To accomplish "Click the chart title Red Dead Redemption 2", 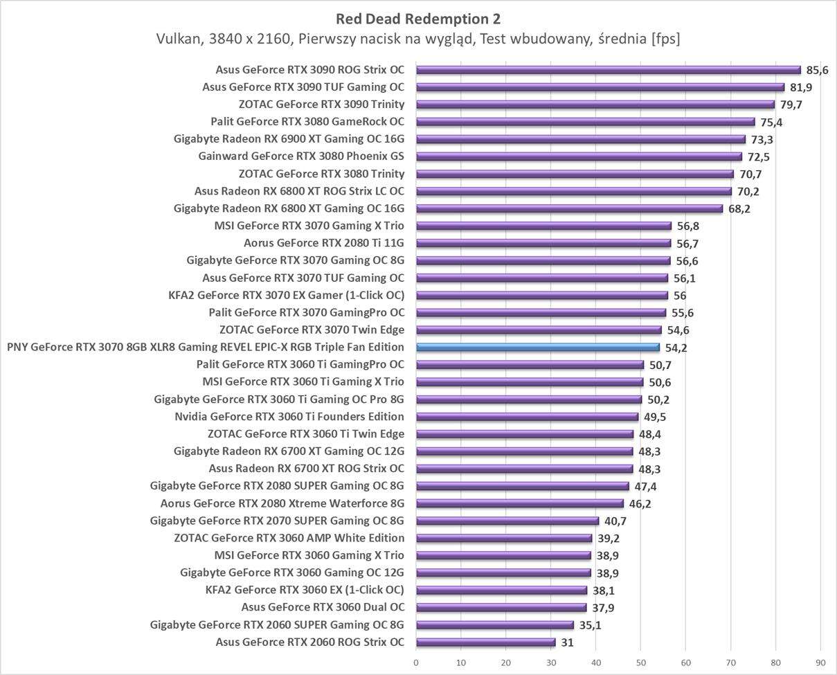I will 418,18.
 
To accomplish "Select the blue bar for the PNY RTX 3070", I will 538,348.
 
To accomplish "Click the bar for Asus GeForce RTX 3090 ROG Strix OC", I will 608,70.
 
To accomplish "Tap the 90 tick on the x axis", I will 821,662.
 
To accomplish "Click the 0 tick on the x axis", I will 416,662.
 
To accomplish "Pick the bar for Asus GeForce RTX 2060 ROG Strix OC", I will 485,642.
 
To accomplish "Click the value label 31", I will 568,642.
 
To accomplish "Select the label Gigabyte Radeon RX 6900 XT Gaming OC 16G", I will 289,139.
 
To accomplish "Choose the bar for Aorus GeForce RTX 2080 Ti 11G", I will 543,243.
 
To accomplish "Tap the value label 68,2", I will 739,208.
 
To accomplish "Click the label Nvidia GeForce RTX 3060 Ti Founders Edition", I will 289,417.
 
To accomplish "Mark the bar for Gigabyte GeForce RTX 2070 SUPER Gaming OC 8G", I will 507,521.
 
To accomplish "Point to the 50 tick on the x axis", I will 641,662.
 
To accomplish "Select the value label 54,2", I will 676,348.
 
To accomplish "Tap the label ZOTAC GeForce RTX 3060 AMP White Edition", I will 289,538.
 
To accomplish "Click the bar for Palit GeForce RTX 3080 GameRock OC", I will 585,122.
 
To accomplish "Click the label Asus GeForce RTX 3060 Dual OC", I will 323,607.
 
